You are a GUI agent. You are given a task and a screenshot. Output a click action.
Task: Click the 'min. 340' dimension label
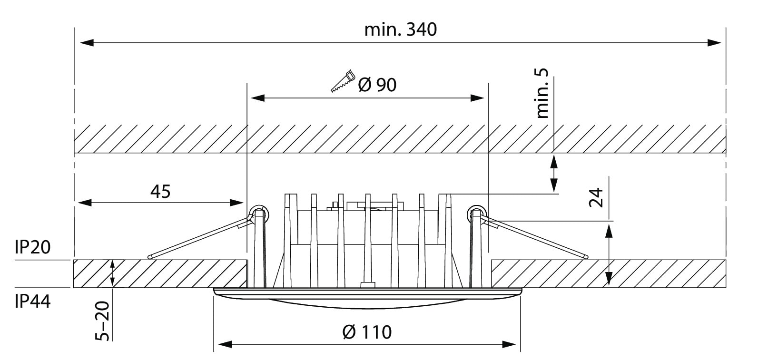[400, 29]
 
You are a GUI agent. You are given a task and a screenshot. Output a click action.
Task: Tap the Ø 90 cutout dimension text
[376, 85]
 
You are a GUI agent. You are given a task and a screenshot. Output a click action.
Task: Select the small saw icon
[343, 80]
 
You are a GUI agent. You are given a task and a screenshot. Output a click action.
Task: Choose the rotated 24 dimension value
[596, 197]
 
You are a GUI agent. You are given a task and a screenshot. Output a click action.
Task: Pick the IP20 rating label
[32, 247]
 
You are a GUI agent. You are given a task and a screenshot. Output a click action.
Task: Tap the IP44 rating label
[32, 302]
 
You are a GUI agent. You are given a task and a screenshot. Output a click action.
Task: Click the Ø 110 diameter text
[367, 331]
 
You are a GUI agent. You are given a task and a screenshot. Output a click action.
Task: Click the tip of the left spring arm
[150, 257]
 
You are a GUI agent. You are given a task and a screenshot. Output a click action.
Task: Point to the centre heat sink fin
[367, 238]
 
